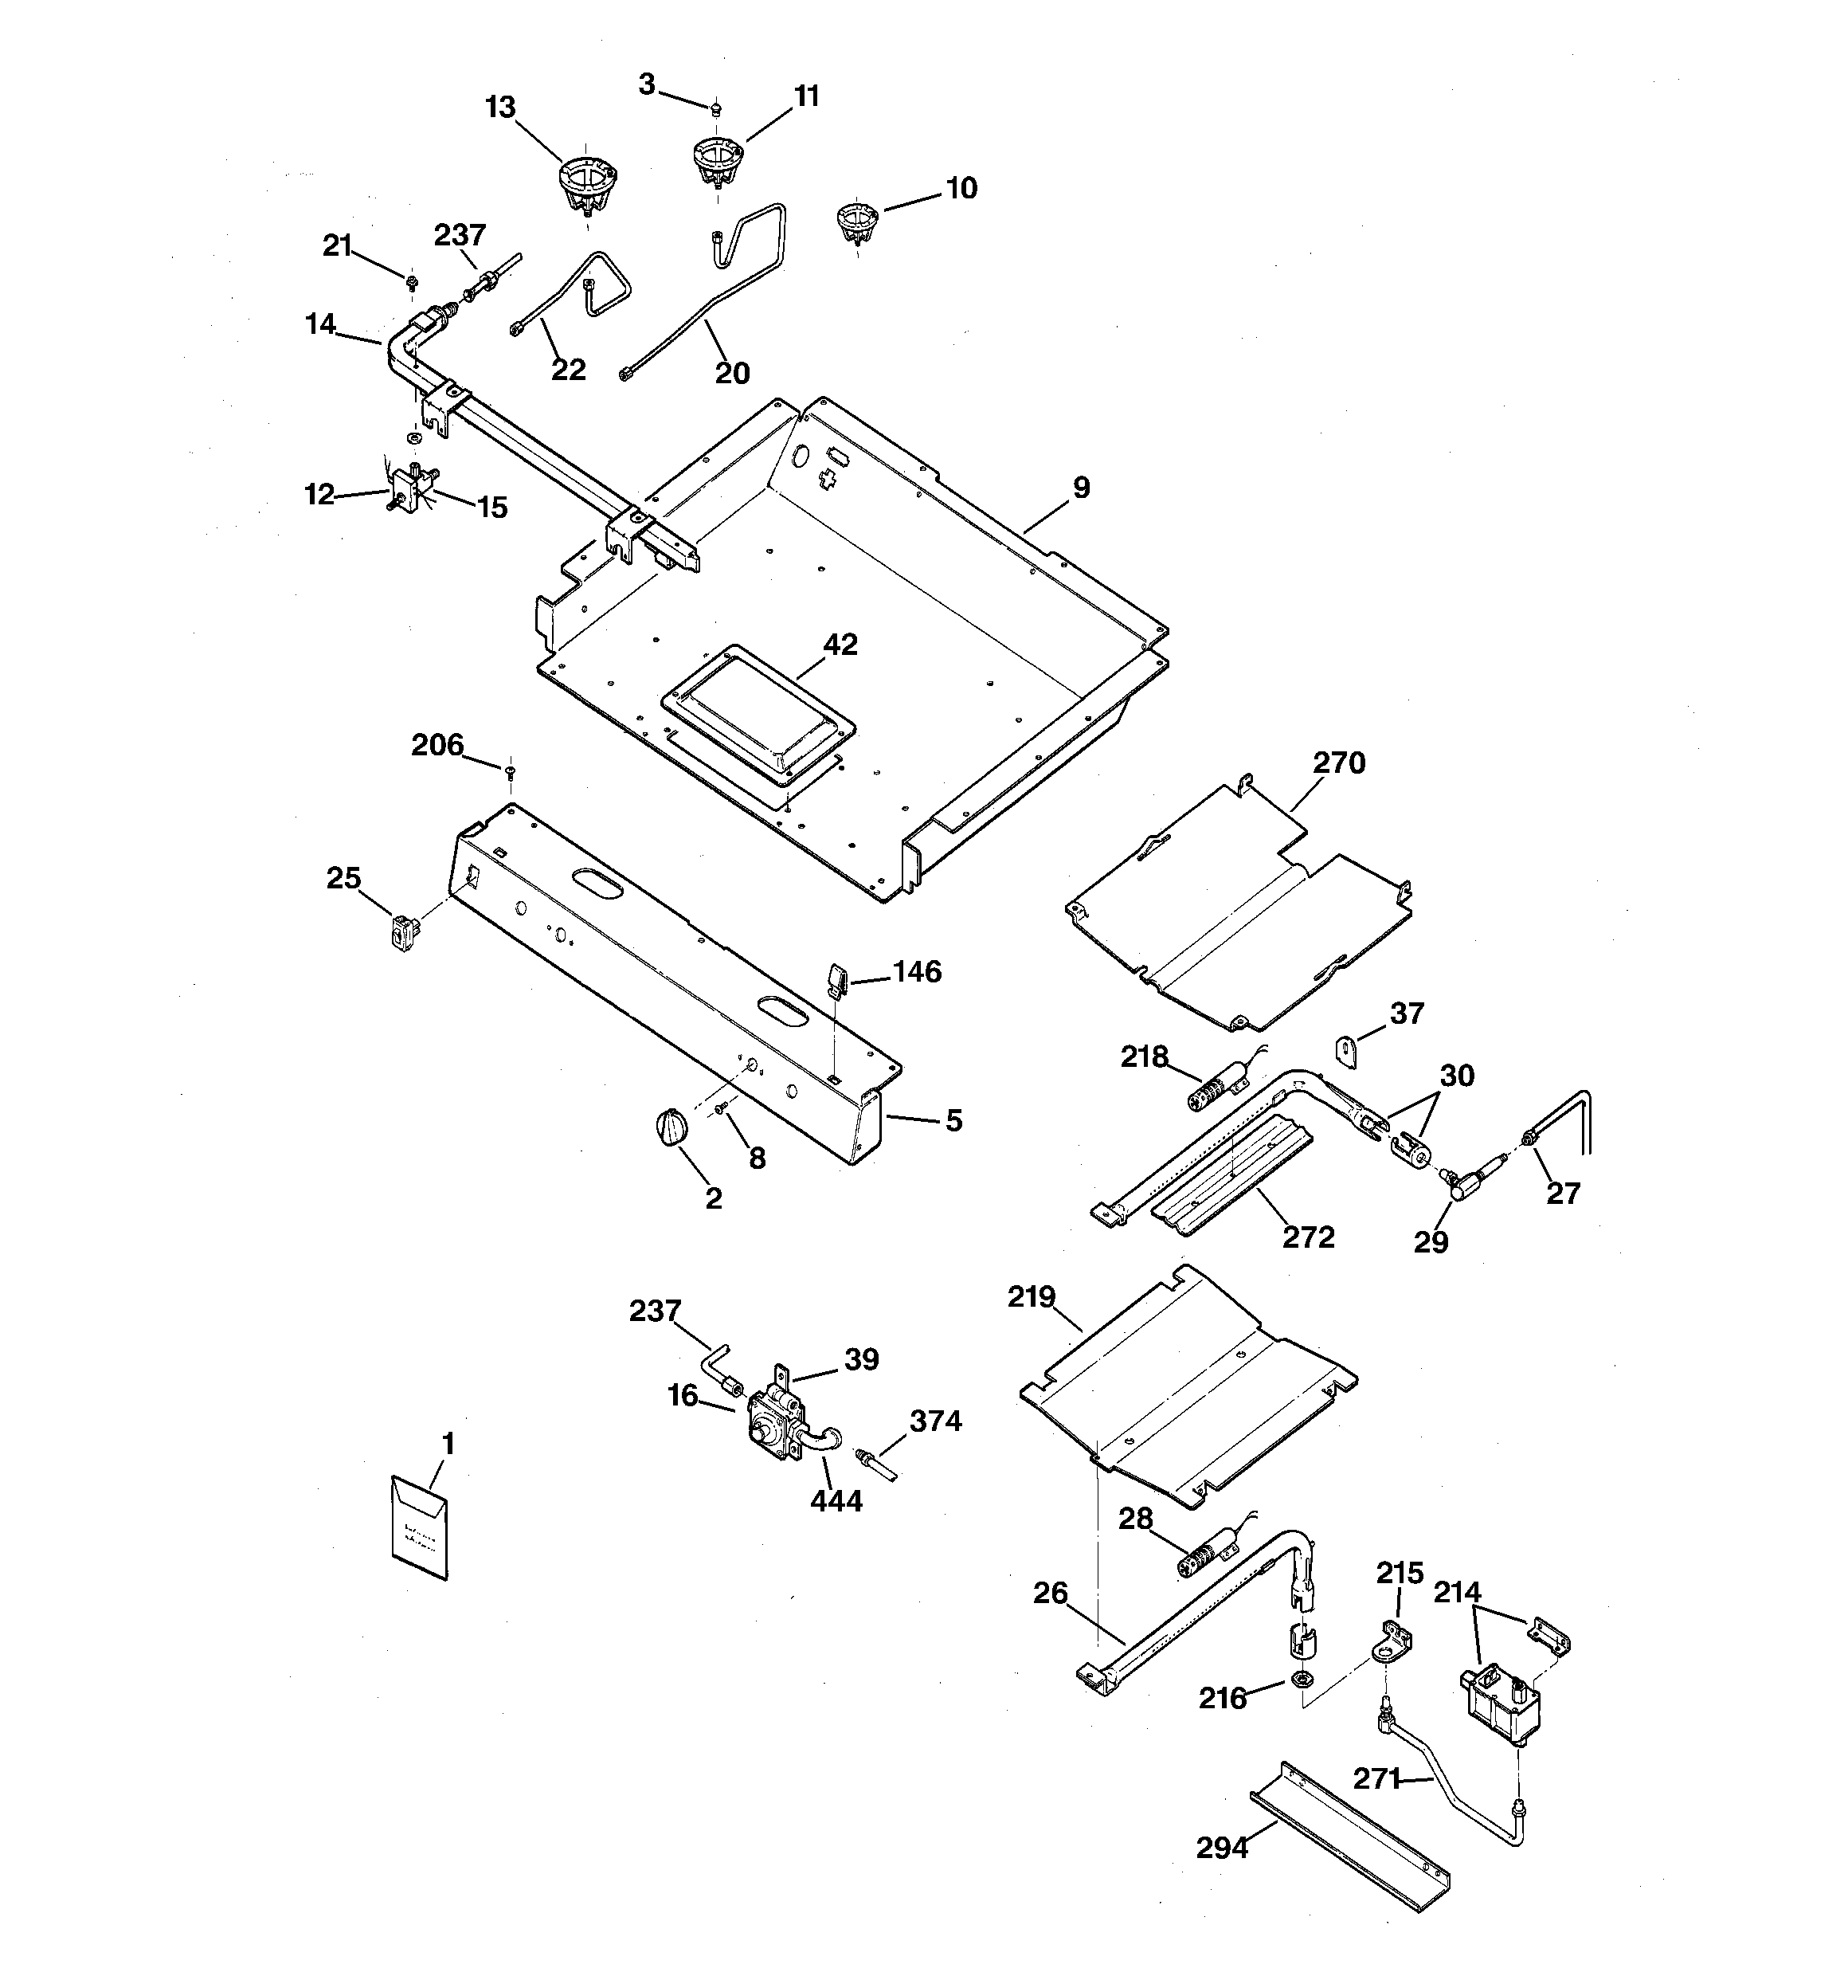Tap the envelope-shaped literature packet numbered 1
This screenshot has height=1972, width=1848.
point(420,1527)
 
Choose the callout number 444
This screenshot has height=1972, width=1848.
point(836,1501)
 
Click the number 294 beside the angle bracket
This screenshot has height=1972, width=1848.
point(1221,1847)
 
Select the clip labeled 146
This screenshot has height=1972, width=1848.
point(834,981)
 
